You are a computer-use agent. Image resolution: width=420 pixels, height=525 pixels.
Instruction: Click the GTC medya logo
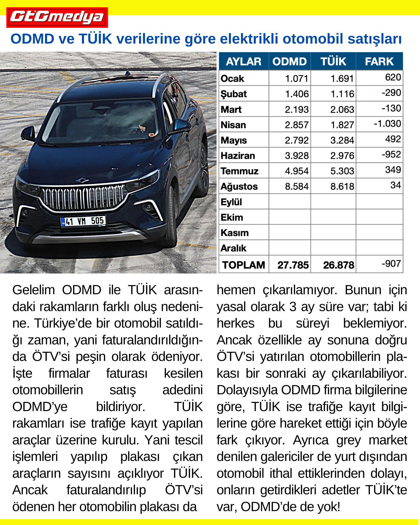(x=57, y=17)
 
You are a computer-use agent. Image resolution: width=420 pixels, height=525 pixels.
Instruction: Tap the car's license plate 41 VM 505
(x=83, y=221)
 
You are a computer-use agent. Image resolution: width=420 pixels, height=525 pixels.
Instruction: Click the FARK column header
(x=379, y=61)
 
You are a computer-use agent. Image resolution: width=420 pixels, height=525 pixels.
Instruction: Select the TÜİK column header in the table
(x=333, y=61)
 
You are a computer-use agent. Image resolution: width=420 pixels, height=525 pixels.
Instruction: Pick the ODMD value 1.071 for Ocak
(x=296, y=78)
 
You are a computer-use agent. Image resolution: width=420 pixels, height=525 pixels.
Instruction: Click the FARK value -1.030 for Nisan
(x=387, y=124)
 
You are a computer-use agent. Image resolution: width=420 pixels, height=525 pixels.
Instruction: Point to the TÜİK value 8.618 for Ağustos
(x=342, y=186)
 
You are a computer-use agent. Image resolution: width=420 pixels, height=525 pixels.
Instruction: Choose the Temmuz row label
(x=239, y=171)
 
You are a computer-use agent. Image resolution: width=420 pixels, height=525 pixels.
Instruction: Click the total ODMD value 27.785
(x=293, y=265)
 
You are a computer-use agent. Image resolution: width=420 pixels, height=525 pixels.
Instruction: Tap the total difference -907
(x=391, y=264)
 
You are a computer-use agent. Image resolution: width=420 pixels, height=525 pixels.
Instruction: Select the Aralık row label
(x=233, y=248)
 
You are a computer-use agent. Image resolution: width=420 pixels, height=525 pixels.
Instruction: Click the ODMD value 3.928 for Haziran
(x=297, y=156)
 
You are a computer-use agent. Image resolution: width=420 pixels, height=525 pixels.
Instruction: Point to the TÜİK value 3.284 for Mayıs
(x=342, y=140)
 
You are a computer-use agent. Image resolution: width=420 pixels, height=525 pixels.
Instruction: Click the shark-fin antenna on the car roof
(x=128, y=73)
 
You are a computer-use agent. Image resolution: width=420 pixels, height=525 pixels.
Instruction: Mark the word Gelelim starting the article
(x=34, y=290)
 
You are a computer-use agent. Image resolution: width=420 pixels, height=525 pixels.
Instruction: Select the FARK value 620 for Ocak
(x=393, y=77)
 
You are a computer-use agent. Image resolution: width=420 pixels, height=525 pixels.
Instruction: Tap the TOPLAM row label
(x=243, y=265)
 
